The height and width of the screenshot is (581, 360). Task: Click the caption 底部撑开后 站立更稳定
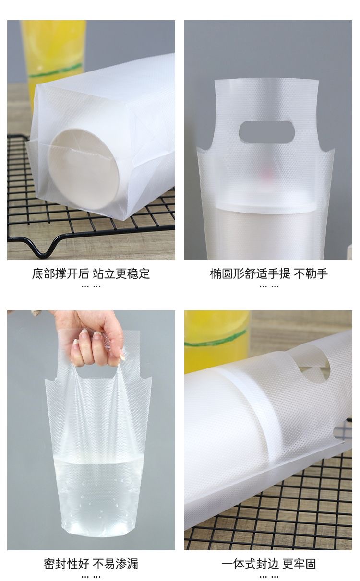91,274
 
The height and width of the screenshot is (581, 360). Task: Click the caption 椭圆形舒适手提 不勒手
269,274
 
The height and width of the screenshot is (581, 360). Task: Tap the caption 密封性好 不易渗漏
91,564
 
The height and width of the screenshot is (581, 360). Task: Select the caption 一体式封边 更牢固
269,564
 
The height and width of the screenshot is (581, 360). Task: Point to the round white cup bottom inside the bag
84,170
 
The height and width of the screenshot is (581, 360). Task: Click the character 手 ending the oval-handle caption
323,274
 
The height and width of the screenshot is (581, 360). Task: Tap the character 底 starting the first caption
37,274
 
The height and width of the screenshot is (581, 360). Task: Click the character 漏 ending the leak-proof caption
133,564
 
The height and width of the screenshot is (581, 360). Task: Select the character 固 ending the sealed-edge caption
311,564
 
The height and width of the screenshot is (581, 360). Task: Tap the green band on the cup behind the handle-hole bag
216,340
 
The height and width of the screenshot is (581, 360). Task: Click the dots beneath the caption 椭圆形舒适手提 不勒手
269,286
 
